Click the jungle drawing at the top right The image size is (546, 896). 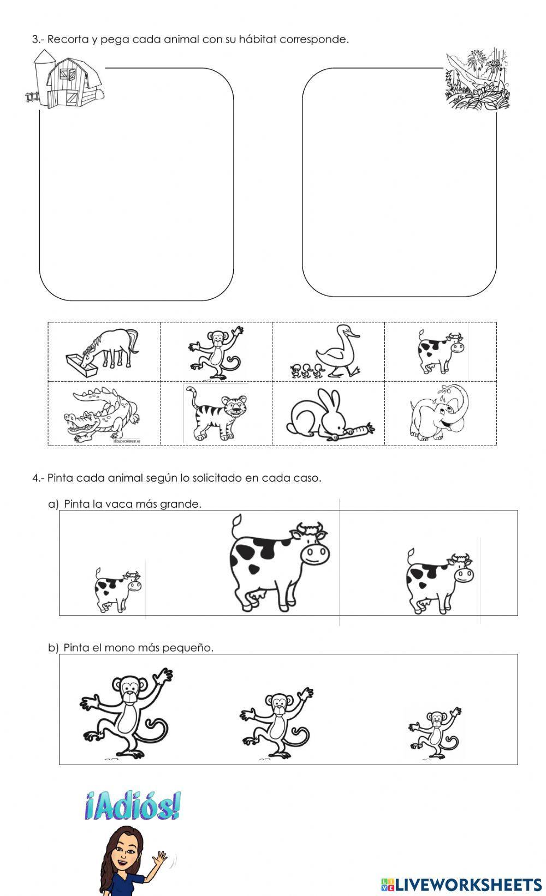coord(477,80)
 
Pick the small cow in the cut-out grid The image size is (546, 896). coord(440,351)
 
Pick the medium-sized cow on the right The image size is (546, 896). coord(440,582)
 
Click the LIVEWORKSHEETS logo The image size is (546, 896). coord(461,885)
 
